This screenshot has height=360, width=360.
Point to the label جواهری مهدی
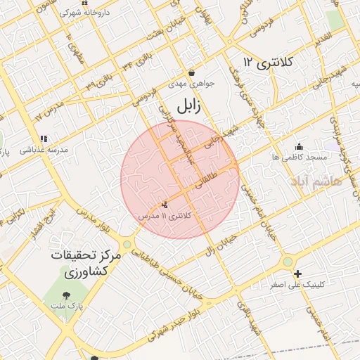pyautogui.click(x=191, y=84)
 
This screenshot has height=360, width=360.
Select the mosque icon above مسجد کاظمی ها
pyautogui.click(x=299, y=147)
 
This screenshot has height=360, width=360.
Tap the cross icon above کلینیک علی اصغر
pyautogui.click(x=297, y=274)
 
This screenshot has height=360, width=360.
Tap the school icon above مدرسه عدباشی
pyautogui.click(x=44, y=139)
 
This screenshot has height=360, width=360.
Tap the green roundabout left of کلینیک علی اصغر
pyautogui.click(x=287, y=262)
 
